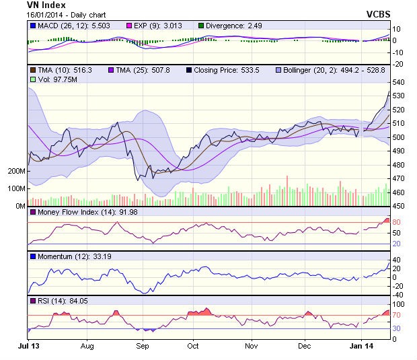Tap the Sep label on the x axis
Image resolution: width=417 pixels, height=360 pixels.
coord(143,346)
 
